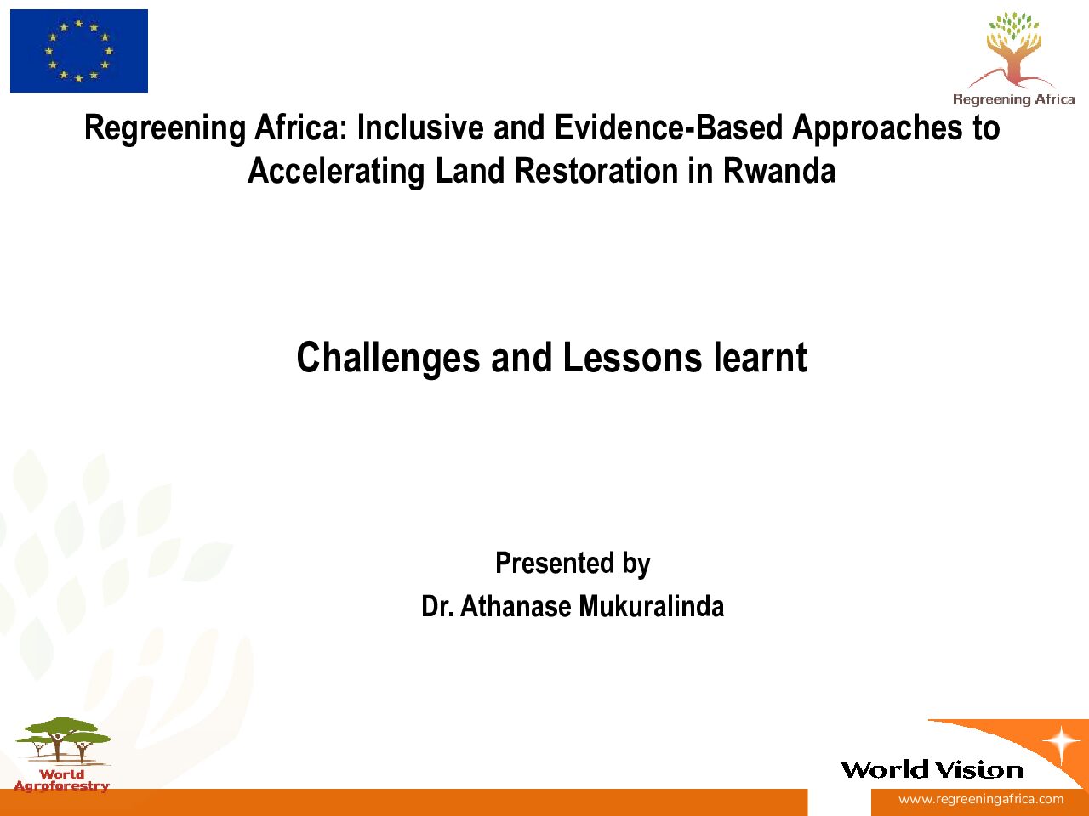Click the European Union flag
79,51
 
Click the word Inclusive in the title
420,127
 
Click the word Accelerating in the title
336,173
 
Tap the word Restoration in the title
596,171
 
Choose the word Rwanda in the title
779,171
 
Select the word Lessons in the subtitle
632,358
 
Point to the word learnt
760,357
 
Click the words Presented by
573,564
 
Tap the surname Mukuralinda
652,606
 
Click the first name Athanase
516,606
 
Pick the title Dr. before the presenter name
437,606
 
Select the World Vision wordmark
932,770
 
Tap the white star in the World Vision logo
1061,742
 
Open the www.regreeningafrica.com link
981,799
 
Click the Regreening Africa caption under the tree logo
1013,99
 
